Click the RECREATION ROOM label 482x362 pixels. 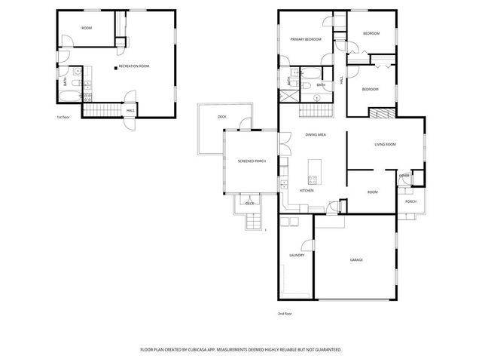(x=135, y=66)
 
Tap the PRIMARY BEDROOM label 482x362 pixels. (x=307, y=39)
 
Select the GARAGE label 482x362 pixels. (x=356, y=260)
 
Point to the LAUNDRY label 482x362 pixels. (x=296, y=255)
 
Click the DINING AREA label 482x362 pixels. (x=316, y=134)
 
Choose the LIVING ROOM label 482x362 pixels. (x=386, y=144)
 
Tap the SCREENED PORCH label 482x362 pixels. (x=251, y=161)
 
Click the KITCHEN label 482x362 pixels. (x=307, y=190)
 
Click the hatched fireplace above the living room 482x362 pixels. (x=380, y=112)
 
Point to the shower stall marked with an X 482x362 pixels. (x=288, y=96)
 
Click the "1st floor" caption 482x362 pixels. (x=63, y=118)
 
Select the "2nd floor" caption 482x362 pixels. (x=284, y=313)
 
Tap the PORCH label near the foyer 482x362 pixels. (x=410, y=201)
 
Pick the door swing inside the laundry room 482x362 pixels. (x=307, y=244)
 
